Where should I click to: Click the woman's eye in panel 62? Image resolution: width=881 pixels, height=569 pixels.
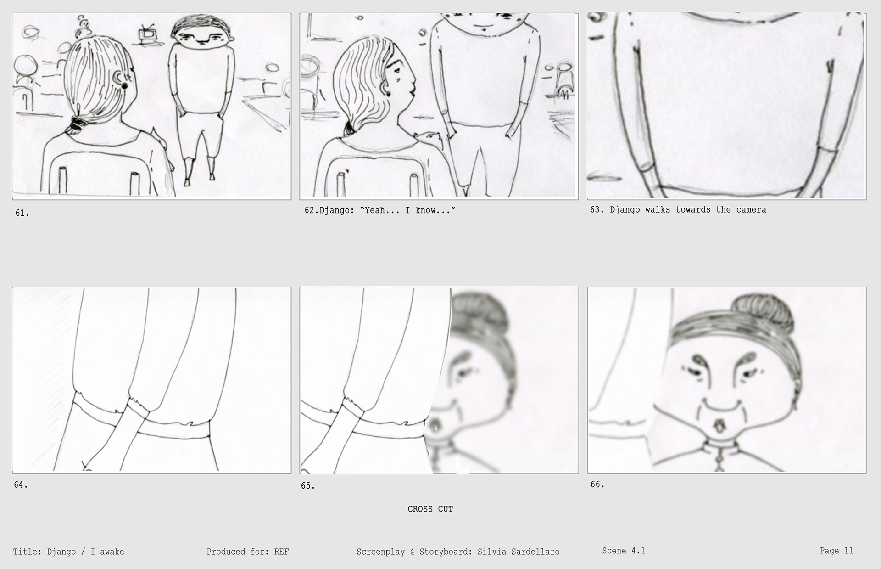[397, 69]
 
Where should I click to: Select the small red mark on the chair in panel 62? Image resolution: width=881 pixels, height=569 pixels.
[347, 171]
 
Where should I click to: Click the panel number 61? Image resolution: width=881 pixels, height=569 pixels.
[22, 213]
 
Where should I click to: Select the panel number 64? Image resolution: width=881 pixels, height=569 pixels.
[21, 484]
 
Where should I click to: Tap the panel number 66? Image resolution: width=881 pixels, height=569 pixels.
[597, 484]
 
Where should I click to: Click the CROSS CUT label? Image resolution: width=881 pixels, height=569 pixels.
[430, 509]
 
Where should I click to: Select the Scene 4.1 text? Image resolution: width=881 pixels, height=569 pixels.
[624, 551]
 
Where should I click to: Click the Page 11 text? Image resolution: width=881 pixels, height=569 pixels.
[836, 551]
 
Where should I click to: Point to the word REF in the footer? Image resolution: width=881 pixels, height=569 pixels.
[282, 552]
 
